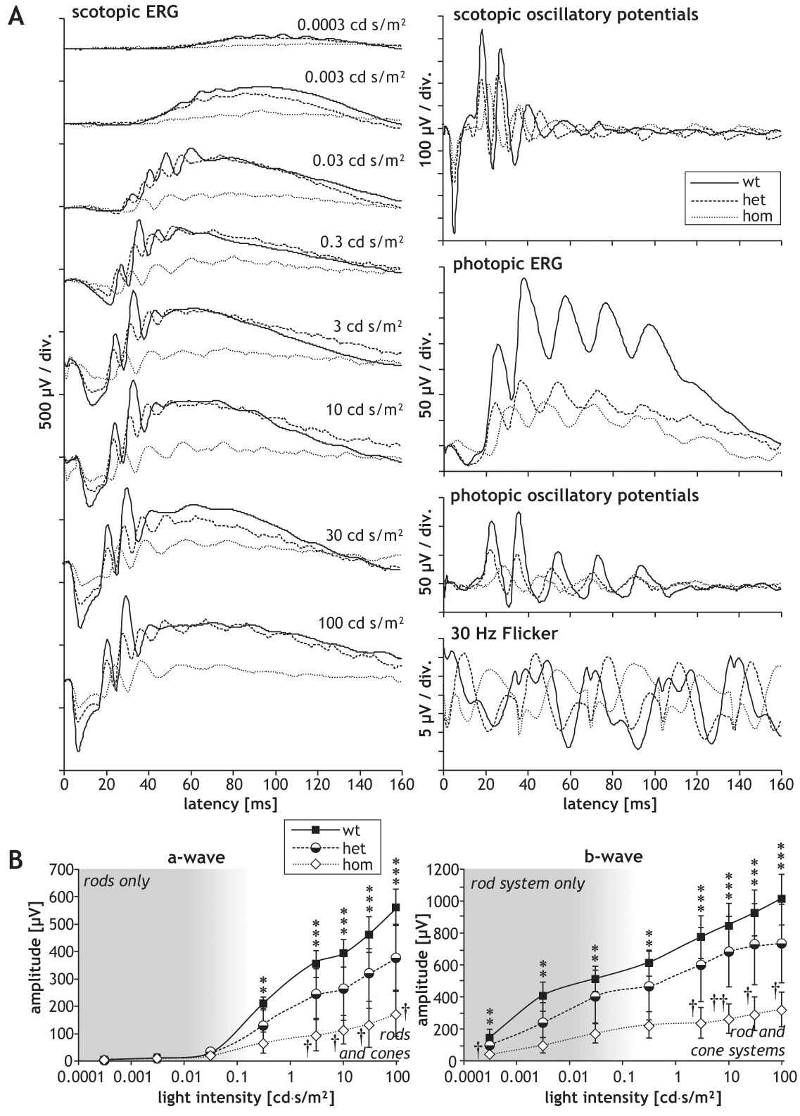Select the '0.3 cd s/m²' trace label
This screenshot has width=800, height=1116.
(360, 240)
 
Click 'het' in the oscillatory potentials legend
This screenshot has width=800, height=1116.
(753, 200)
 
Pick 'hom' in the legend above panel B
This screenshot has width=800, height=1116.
(357, 864)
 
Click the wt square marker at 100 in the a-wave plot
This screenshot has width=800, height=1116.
(396, 908)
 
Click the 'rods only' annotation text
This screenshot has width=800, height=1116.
(117, 881)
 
